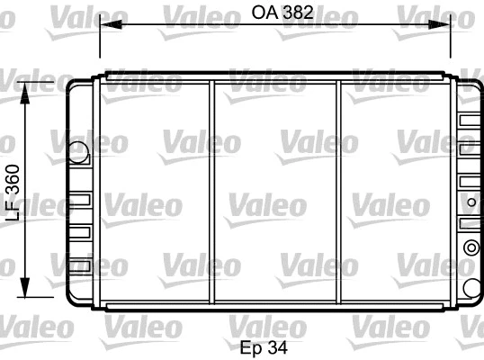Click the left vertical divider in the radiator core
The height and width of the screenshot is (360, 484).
click(212, 193)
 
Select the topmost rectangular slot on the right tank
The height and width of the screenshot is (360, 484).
click(470, 120)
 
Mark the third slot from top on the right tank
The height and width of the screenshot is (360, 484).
click(470, 182)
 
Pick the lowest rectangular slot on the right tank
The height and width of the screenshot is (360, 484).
click(470, 221)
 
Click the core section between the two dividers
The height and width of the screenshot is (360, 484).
click(276, 193)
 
